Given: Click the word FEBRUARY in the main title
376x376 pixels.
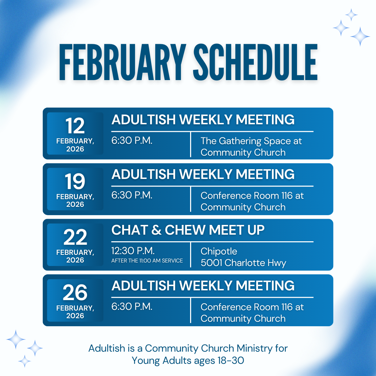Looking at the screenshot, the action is [x=123, y=62].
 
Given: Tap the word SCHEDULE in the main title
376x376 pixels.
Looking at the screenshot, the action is [x=256, y=62].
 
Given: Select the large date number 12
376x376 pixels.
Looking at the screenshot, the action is [x=75, y=126].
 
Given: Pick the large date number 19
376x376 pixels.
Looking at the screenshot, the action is [x=75, y=181].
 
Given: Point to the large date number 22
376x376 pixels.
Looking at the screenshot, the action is [x=75, y=237].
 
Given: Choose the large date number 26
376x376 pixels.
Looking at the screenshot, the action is [x=75, y=292].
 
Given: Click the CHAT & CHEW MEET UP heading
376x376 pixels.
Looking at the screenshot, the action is [x=188, y=230].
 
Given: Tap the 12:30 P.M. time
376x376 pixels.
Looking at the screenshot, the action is [x=133, y=251].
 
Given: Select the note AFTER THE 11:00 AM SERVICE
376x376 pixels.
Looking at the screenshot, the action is [x=147, y=261].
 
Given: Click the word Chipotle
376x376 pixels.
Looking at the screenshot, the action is [x=219, y=252].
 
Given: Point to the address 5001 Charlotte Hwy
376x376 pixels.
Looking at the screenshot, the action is [x=243, y=263].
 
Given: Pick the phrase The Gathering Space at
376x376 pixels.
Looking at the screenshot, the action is [x=251, y=141].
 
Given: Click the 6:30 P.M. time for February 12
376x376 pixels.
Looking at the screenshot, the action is [x=132, y=141].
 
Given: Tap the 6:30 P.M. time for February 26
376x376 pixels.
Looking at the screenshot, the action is [x=132, y=306].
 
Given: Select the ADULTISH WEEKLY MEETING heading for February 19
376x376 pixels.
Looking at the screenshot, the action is [x=203, y=174].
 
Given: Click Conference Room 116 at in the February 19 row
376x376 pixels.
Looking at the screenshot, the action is [x=252, y=196].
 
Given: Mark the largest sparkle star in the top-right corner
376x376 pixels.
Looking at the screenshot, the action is [x=360, y=37].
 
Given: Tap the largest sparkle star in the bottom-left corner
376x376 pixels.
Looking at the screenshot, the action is [x=16, y=339].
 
